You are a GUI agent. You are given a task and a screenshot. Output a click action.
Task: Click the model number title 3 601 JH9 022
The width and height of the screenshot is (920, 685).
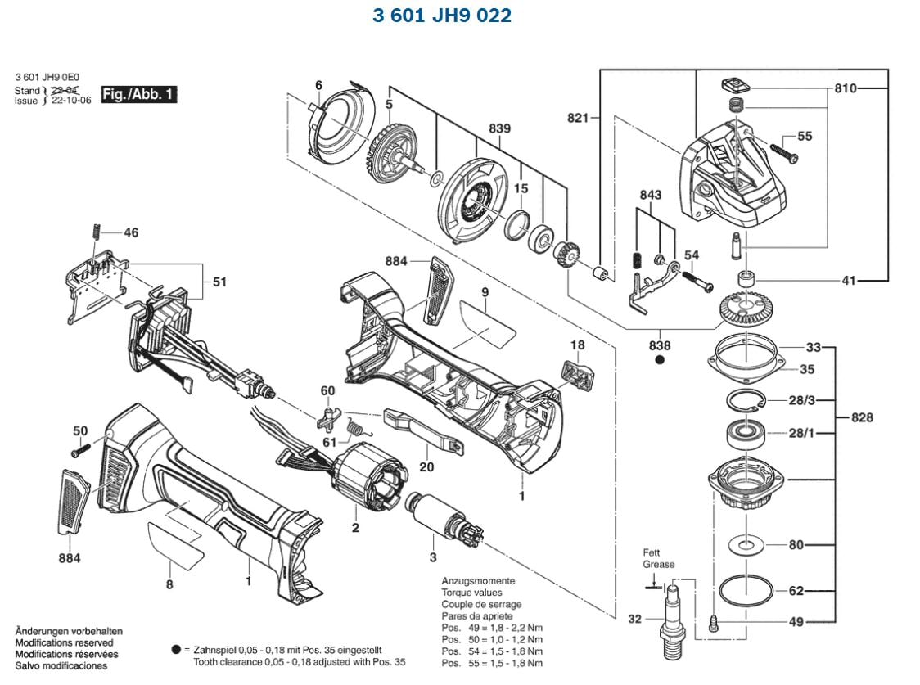441,16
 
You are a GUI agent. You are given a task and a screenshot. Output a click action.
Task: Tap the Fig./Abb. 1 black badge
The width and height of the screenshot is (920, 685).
138,94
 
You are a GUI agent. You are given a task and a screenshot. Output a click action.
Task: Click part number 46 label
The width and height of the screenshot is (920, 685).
131,232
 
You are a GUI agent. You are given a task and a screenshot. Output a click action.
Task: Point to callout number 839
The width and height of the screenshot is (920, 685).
499,128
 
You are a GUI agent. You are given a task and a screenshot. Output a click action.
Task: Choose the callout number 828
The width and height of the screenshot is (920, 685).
861,417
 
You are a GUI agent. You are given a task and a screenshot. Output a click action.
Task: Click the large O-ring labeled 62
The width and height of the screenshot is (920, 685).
746,590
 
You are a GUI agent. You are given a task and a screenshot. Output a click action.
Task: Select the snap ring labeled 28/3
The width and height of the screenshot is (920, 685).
745,400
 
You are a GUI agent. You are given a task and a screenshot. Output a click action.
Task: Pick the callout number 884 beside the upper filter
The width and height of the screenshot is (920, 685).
396,261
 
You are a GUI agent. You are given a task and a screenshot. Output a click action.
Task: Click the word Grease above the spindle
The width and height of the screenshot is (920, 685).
659,565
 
